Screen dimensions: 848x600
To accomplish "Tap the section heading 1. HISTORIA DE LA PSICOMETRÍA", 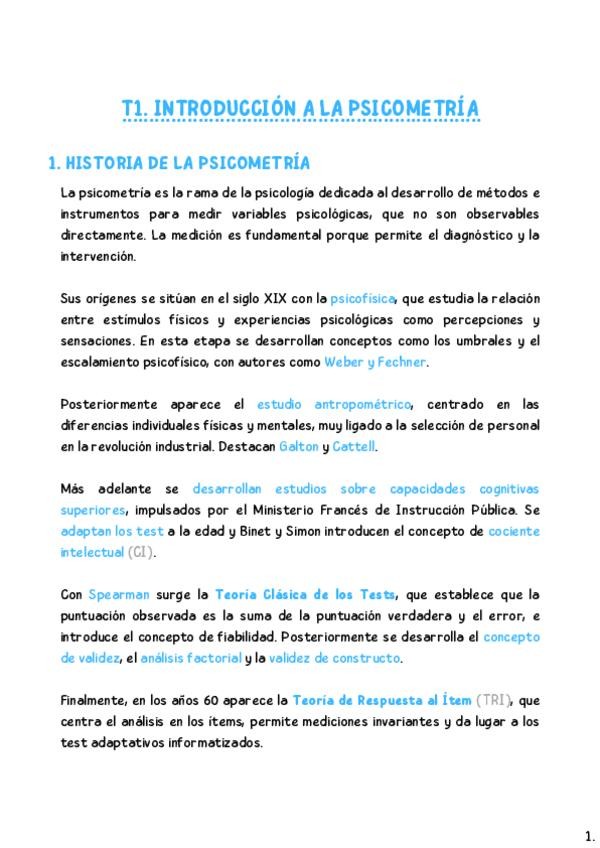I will (x=180, y=163).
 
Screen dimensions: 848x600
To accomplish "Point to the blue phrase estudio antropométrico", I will (x=334, y=404).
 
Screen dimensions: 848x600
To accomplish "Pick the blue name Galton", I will (x=292, y=446).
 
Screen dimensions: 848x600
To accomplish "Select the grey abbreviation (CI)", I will (x=142, y=552).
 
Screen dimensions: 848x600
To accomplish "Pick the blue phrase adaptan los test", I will (x=112, y=531).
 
